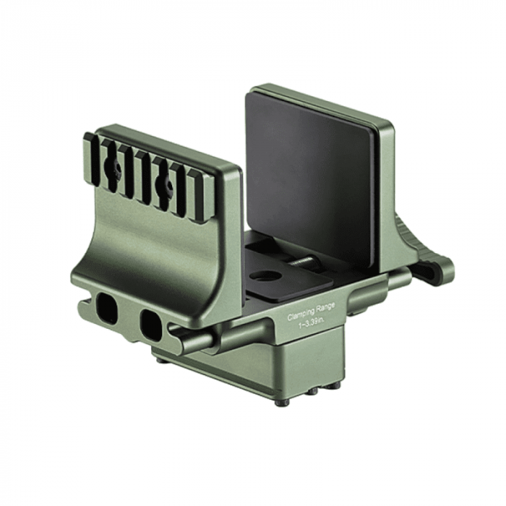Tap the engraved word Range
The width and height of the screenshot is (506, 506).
click(325, 306)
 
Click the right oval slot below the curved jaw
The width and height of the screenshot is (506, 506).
click(151, 325)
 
